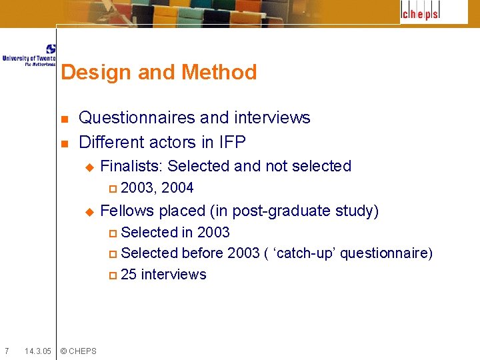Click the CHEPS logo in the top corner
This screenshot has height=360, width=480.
click(x=421, y=13)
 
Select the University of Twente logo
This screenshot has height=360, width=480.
click(x=29, y=55)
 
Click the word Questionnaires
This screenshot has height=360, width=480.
click(x=137, y=118)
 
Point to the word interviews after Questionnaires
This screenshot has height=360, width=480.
click(x=271, y=118)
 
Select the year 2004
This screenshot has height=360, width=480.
click(x=177, y=187)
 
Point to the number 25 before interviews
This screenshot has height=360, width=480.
click(x=129, y=275)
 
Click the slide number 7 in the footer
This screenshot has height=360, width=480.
click(x=6, y=351)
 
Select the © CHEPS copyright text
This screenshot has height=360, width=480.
click(x=78, y=351)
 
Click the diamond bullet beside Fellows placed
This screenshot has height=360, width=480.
click(x=90, y=212)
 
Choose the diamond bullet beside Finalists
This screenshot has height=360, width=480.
click(x=90, y=167)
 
